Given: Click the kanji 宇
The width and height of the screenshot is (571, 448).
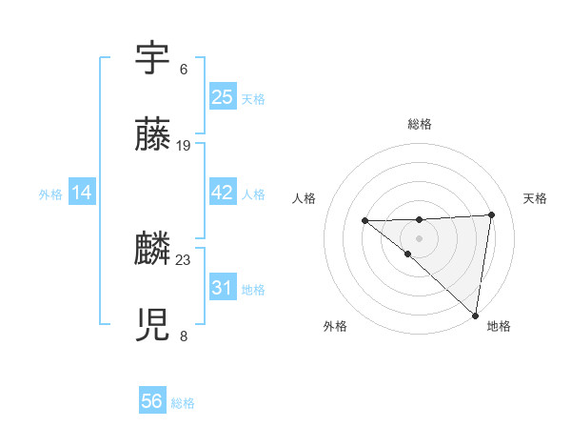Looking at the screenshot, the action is [x=152, y=59].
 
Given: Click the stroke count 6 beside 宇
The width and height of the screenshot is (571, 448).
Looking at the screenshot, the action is [x=184, y=70].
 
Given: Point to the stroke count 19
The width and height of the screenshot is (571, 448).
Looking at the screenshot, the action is [x=184, y=146].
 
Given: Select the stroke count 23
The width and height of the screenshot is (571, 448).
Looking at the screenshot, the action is [x=184, y=259].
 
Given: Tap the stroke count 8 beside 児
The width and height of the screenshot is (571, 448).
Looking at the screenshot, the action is [x=184, y=336].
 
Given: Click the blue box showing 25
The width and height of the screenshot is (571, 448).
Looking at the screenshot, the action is [x=222, y=97].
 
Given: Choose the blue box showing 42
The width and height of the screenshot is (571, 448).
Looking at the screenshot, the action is [x=222, y=193].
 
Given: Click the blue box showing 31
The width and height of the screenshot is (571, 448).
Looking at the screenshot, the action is [x=222, y=287].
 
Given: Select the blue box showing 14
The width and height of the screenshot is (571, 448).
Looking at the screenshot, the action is [x=82, y=193].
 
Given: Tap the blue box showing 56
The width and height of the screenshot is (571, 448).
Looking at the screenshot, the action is [x=152, y=401].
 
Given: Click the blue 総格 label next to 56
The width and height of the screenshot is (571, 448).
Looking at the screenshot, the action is [x=183, y=403].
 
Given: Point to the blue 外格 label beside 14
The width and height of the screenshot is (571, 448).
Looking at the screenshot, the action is [x=50, y=194].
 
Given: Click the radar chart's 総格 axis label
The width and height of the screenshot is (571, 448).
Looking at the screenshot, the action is [x=420, y=124].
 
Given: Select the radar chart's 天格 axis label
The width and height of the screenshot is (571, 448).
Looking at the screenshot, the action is [x=536, y=198].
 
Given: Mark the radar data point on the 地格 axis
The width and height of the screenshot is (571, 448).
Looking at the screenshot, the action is [x=476, y=316].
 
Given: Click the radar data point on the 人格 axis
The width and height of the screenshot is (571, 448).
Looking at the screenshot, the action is [x=364, y=221].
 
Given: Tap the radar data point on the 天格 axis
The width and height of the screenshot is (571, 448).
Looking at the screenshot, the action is [x=491, y=214].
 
